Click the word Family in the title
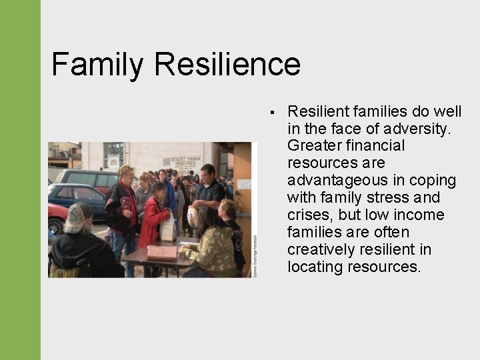pos(97,65)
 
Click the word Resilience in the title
pos(227,65)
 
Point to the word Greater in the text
pos(313,145)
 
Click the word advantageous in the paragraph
pos(331,180)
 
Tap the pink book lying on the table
pos(162,253)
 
